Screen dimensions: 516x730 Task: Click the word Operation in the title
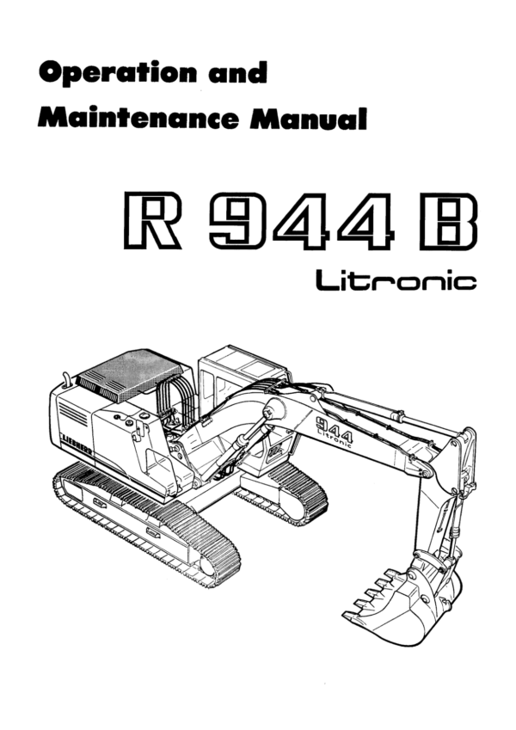coord(118,74)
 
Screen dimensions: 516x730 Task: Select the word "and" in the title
coord(238,72)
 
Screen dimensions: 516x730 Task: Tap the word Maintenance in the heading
coord(138,118)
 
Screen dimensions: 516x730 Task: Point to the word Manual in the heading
coord(308,119)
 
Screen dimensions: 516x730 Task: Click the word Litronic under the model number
coord(396,280)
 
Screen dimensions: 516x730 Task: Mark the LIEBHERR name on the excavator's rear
coord(77,445)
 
